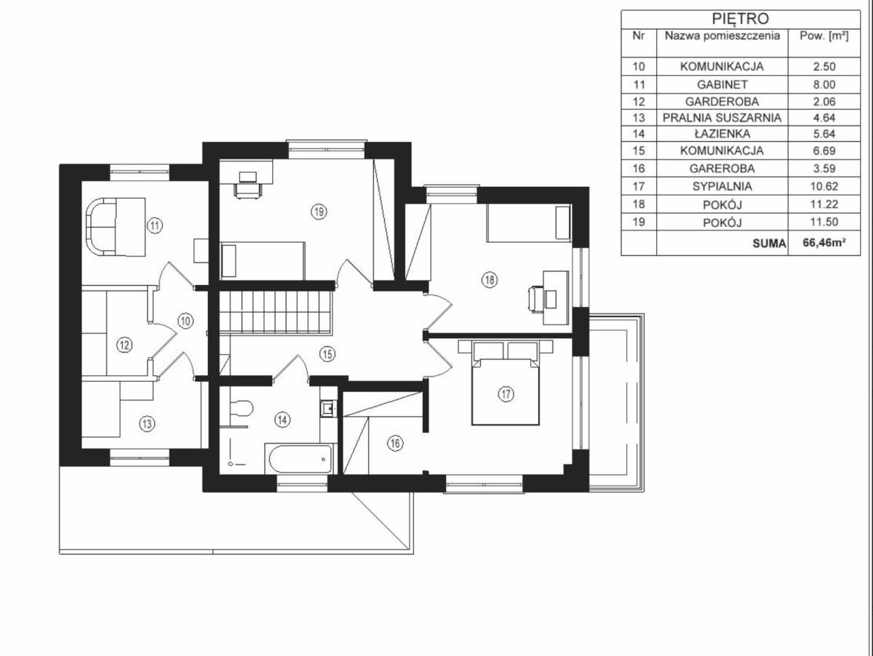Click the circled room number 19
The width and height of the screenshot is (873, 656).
(319, 211)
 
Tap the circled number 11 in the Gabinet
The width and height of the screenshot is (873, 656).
(155, 226)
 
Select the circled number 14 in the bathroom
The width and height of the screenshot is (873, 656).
(282, 420)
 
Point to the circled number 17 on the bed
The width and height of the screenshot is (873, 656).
(506, 394)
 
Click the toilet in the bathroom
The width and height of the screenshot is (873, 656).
(241, 408)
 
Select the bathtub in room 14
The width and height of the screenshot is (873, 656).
(300, 459)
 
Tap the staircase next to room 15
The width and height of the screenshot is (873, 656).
(274, 312)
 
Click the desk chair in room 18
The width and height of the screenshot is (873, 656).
(535, 300)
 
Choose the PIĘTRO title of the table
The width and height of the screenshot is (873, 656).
(740, 19)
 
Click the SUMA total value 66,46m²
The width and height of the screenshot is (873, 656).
(824, 242)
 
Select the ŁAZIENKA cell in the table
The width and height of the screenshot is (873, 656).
(722, 134)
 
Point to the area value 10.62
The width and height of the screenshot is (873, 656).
(824, 186)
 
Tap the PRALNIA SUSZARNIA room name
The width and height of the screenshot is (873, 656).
(722, 118)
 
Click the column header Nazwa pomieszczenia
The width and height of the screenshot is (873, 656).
(722, 36)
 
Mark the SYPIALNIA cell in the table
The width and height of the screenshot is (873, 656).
(722, 186)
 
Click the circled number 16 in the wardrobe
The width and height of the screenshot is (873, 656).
(395, 443)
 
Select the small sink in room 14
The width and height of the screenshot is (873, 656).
(328, 408)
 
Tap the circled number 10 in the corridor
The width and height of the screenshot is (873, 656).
(186, 321)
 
